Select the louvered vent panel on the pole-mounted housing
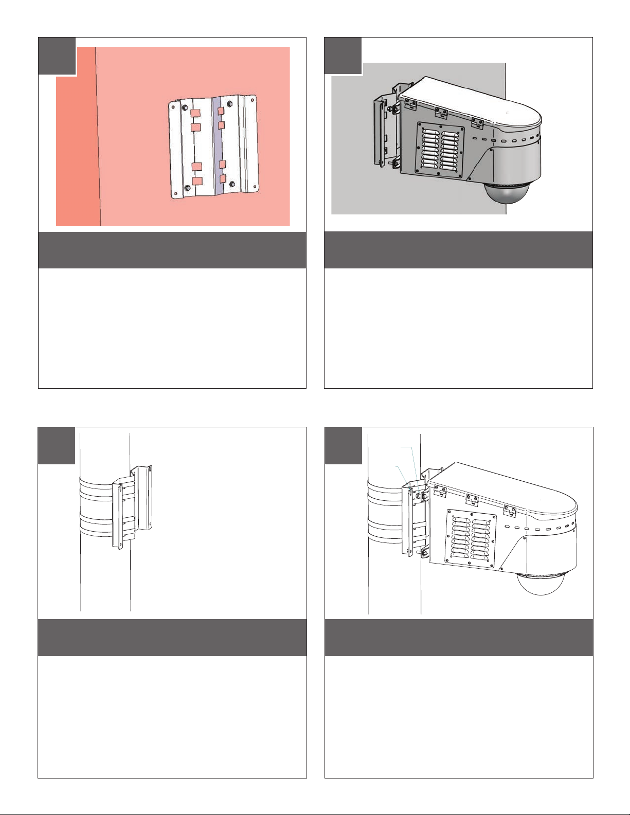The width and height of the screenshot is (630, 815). (x=471, y=538)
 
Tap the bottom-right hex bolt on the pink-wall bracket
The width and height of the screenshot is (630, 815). (x=232, y=184)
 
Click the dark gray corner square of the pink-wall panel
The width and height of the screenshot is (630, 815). (x=57, y=56)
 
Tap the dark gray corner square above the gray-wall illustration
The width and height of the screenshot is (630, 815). (x=343, y=56)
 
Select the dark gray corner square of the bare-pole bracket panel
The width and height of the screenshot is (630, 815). (x=57, y=445)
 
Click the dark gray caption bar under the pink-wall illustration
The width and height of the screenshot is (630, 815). (x=172, y=250)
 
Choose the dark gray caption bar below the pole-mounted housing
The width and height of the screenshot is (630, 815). (x=459, y=638)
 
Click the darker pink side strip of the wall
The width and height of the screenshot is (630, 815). (x=77, y=154)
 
